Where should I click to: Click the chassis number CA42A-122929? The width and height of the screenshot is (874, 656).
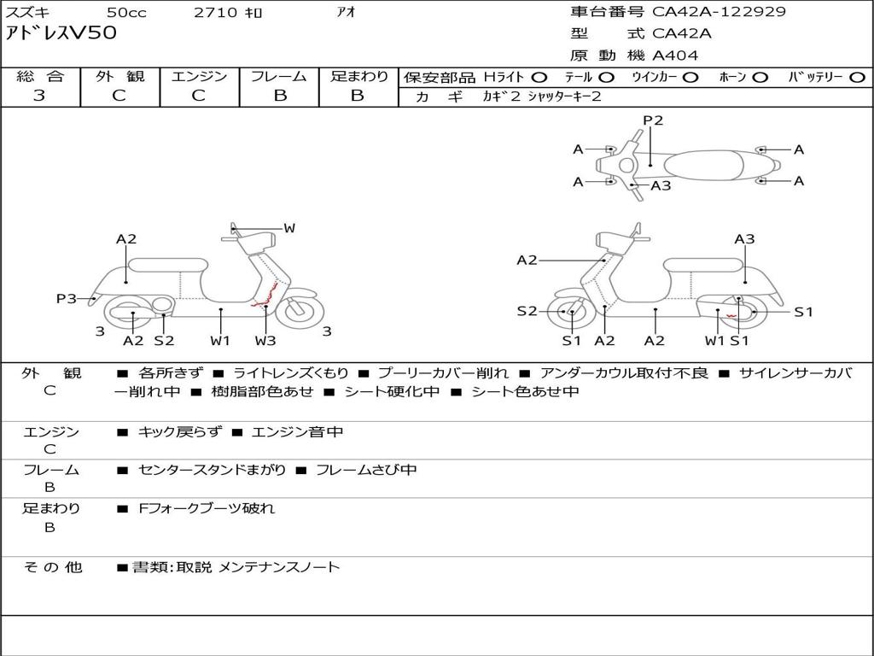(719, 12)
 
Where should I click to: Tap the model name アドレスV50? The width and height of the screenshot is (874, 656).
(61, 33)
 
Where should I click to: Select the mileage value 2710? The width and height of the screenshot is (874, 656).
(214, 12)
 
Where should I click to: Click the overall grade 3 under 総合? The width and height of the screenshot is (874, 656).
(39, 96)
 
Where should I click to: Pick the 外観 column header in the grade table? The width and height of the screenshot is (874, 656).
(119, 77)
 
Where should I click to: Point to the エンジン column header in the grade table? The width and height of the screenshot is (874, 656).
(199, 77)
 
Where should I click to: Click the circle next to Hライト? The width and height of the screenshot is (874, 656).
(539, 77)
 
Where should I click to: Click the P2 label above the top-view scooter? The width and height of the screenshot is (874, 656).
(653, 120)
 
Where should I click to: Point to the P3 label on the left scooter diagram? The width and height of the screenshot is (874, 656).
(66, 298)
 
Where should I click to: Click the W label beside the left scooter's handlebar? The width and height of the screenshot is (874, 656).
(289, 228)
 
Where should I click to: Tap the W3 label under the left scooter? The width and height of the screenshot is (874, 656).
(265, 340)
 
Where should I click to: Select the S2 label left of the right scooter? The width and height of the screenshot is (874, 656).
(527, 311)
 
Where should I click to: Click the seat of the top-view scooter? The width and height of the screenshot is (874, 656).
(706, 165)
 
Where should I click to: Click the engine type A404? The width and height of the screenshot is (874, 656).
(675, 56)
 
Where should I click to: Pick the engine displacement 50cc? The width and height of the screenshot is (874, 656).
(125, 12)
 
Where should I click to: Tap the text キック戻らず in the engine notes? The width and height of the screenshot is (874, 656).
(179, 432)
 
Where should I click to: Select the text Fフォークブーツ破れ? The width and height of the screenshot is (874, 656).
(207, 508)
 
